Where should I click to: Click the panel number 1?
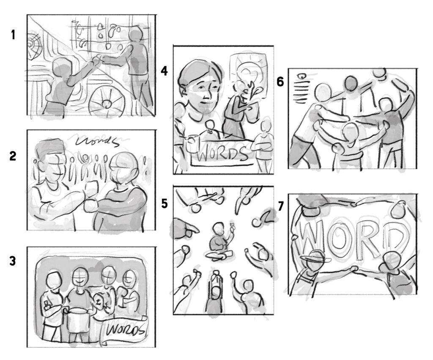point(13,35)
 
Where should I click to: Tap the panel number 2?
point(13,156)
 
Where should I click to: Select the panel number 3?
point(13,261)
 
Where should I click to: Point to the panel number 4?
point(164,71)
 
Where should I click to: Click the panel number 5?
point(164,203)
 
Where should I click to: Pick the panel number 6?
point(280,82)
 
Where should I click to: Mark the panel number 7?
point(281,206)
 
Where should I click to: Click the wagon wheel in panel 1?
point(106,102)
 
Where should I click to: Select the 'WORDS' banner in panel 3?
point(125,331)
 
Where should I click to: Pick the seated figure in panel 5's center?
point(219,242)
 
